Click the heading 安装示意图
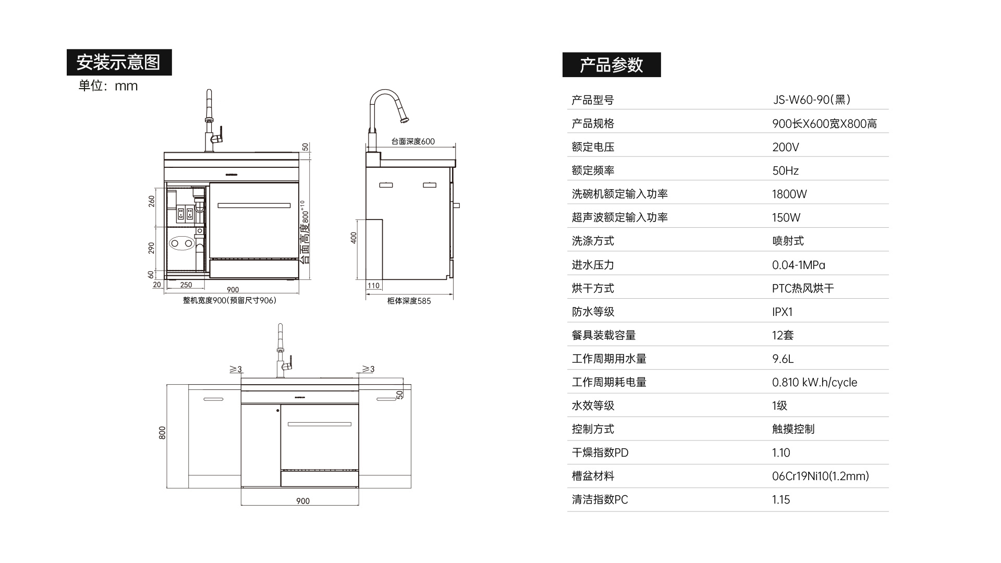119,63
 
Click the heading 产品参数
611,65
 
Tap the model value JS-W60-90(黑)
811,100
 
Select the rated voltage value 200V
785,147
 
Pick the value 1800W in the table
789,194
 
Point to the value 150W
786,217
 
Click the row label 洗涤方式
593,241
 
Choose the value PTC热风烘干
803,288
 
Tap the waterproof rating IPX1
782,312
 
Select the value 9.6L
783,359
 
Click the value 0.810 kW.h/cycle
814,382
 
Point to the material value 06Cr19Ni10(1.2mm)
820,476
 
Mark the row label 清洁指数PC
600,499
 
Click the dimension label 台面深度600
413,141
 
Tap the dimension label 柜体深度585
409,301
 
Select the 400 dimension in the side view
353,238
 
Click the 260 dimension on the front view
152,201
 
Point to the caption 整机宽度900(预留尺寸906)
229,300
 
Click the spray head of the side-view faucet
404,119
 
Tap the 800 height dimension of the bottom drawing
162,433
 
